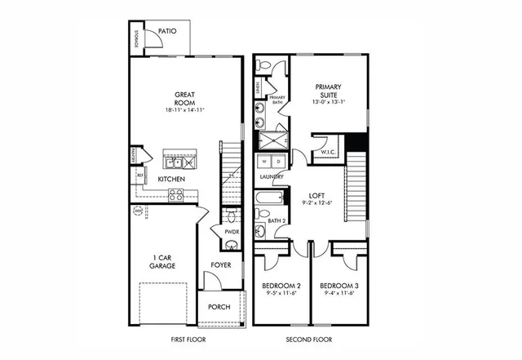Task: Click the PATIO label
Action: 168,31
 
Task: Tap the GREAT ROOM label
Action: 188,97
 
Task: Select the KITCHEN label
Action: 170,179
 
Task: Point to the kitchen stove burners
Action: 175,194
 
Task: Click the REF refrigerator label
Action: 139,176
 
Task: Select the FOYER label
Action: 220,264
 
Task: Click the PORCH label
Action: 219,307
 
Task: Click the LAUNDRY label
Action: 271,176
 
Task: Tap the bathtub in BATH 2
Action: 269,198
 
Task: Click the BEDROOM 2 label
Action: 280,286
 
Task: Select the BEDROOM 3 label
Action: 338,286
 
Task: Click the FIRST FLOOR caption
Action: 188,338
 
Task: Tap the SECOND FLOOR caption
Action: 309,338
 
